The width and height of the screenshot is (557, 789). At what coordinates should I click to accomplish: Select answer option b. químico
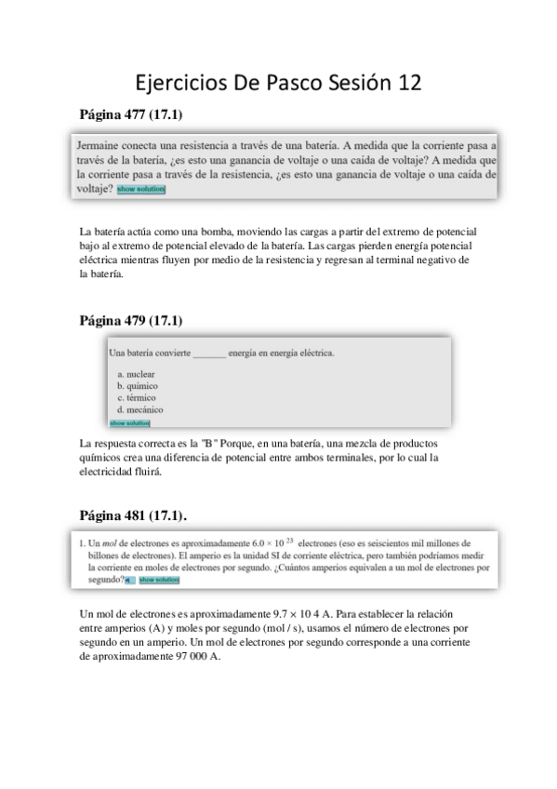coord(137,385)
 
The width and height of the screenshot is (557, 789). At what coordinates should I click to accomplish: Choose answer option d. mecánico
coord(139,409)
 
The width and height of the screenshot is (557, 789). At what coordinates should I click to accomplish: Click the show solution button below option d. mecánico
coord(129,421)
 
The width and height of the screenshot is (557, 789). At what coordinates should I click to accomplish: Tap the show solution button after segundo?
coord(159,580)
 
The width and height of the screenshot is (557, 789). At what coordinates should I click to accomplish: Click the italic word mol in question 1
coord(118,542)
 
